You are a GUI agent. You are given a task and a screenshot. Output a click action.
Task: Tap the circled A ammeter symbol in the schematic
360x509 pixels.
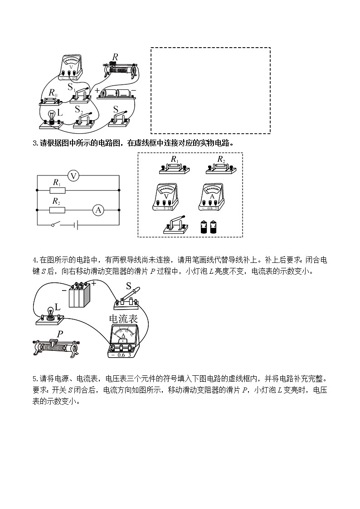click(x=98, y=210)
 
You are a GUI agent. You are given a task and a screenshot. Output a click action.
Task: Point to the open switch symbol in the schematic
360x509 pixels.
click(x=55, y=224)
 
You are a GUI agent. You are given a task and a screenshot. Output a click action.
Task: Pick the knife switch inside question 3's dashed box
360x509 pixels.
click(x=175, y=226)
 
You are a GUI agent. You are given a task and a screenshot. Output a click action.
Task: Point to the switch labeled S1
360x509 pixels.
click(x=82, y=93)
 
